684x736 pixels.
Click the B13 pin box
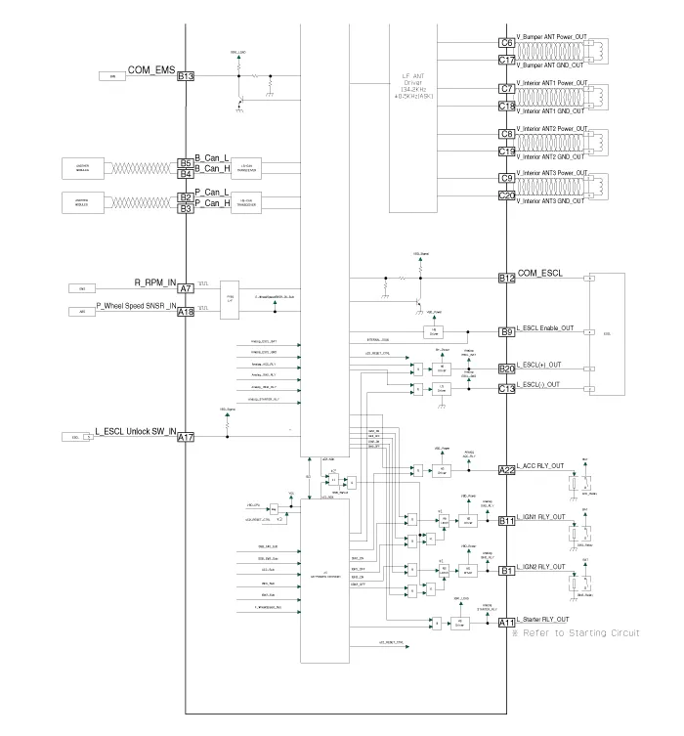(x=186, y=76)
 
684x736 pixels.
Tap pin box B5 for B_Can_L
(x=186, y=163)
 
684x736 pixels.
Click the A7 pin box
(x=186, y=288)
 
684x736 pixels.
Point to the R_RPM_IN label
(x=153, y=281)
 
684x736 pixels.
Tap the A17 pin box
(x=186, y=437)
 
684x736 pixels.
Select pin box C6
(x=507, y=43)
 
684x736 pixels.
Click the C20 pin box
(x=507, y=195)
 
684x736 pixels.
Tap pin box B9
(x=507, y=332)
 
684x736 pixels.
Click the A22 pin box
(x=507, y=470)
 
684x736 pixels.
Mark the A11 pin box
(x=507, y=623)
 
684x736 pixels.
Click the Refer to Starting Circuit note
(x=577, y=633)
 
